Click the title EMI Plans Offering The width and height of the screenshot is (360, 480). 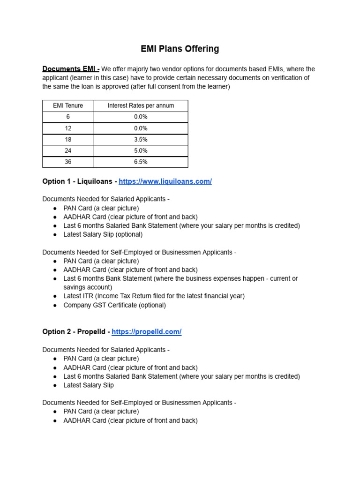click(x=180, y=49)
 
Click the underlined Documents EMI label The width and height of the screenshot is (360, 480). click(x=70, y=69)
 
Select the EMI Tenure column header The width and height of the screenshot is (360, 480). click(x=68, y=105)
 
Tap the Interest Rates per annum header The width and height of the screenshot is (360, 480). click(x=141, y=105)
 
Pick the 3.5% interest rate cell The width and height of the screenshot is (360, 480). click(x=141, y=139)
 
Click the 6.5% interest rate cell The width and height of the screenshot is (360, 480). click(x=141, y=162)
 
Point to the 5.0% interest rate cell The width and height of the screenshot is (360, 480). click(x=141, y=150)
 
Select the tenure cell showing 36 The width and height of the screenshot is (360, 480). click(x=68, y=162)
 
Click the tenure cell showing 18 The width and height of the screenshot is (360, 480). click(x=68, y=139)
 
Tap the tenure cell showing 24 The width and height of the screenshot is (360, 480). click(x=68, y=150)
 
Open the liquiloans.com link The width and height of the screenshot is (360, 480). click(x=165, y=181)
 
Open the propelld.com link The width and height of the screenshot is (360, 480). click(x=146, y=332)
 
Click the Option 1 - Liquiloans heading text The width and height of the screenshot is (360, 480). click(x=79, y=181)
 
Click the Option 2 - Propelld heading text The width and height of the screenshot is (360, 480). click(x=75, y=332)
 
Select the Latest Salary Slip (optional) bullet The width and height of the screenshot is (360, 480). click(x=103, y=234)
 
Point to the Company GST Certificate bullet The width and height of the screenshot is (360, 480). click(x=114, y=305)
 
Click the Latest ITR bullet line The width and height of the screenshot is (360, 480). click(x=154, y=296)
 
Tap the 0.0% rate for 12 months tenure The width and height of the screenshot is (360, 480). click(x=141, y=128)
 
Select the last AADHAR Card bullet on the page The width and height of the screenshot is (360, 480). click(x=130, y=420)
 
